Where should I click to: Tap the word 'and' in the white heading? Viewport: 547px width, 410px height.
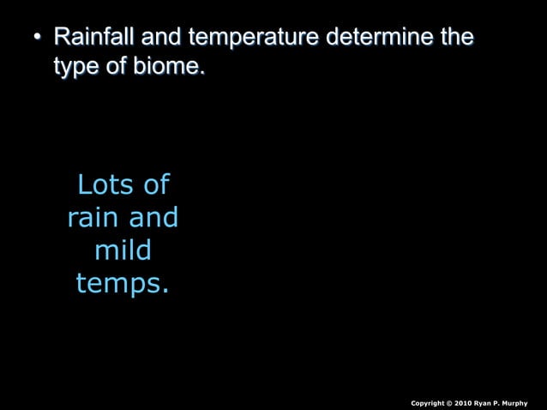click(x=162, y=39)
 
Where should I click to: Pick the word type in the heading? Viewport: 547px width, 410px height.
click(x=74, y=67)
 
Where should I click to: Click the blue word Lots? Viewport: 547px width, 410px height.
click(x=105, y=184)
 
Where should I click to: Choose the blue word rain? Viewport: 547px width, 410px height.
click(x=93, y=217)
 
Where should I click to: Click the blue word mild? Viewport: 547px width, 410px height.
click(x=123, y=250)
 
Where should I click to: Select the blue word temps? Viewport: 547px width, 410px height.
click(x=122, y=284)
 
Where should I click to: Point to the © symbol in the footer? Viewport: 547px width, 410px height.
click(x=450, y=403)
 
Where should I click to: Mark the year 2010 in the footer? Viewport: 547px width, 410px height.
click(x=463, y=403)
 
